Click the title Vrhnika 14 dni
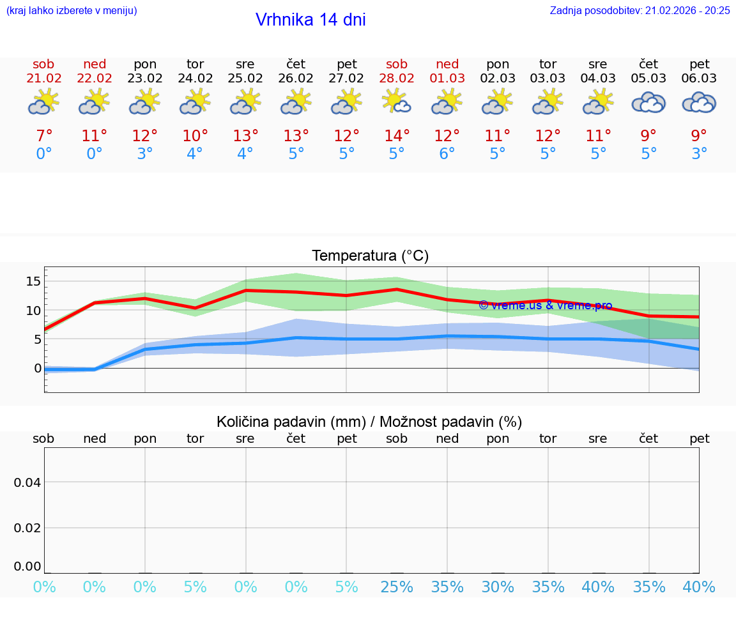point(310,20)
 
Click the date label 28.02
point(397,79)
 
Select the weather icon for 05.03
point(648,102)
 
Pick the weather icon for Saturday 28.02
point(397,102)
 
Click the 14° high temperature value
point(397,136)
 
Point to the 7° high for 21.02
point(44,136)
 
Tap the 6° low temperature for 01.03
point(447,154)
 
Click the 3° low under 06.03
point(699,154)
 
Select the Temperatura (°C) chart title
point(370,256)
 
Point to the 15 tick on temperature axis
point(34,281)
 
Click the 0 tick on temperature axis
point(38,368)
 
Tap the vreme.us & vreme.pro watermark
point(545,305)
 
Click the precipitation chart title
point(369,422)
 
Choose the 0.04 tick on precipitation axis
point(27,482)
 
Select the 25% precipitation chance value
point(397,587)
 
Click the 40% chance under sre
point(598,587)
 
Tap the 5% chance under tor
point(195,587)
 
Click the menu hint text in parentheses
point(72,10)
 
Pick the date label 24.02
point(195,79)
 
